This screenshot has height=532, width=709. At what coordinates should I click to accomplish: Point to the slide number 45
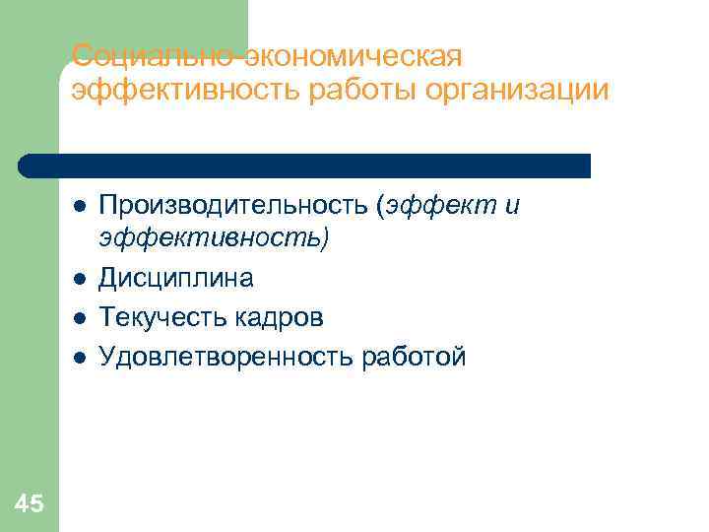(30, 504)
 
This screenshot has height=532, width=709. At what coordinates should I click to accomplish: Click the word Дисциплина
(176, 279)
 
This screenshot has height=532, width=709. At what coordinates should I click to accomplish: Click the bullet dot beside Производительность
(79, 206)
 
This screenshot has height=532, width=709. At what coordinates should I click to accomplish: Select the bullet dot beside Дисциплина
(79, 280)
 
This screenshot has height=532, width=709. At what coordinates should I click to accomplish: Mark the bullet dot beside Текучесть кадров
(79, 318)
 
